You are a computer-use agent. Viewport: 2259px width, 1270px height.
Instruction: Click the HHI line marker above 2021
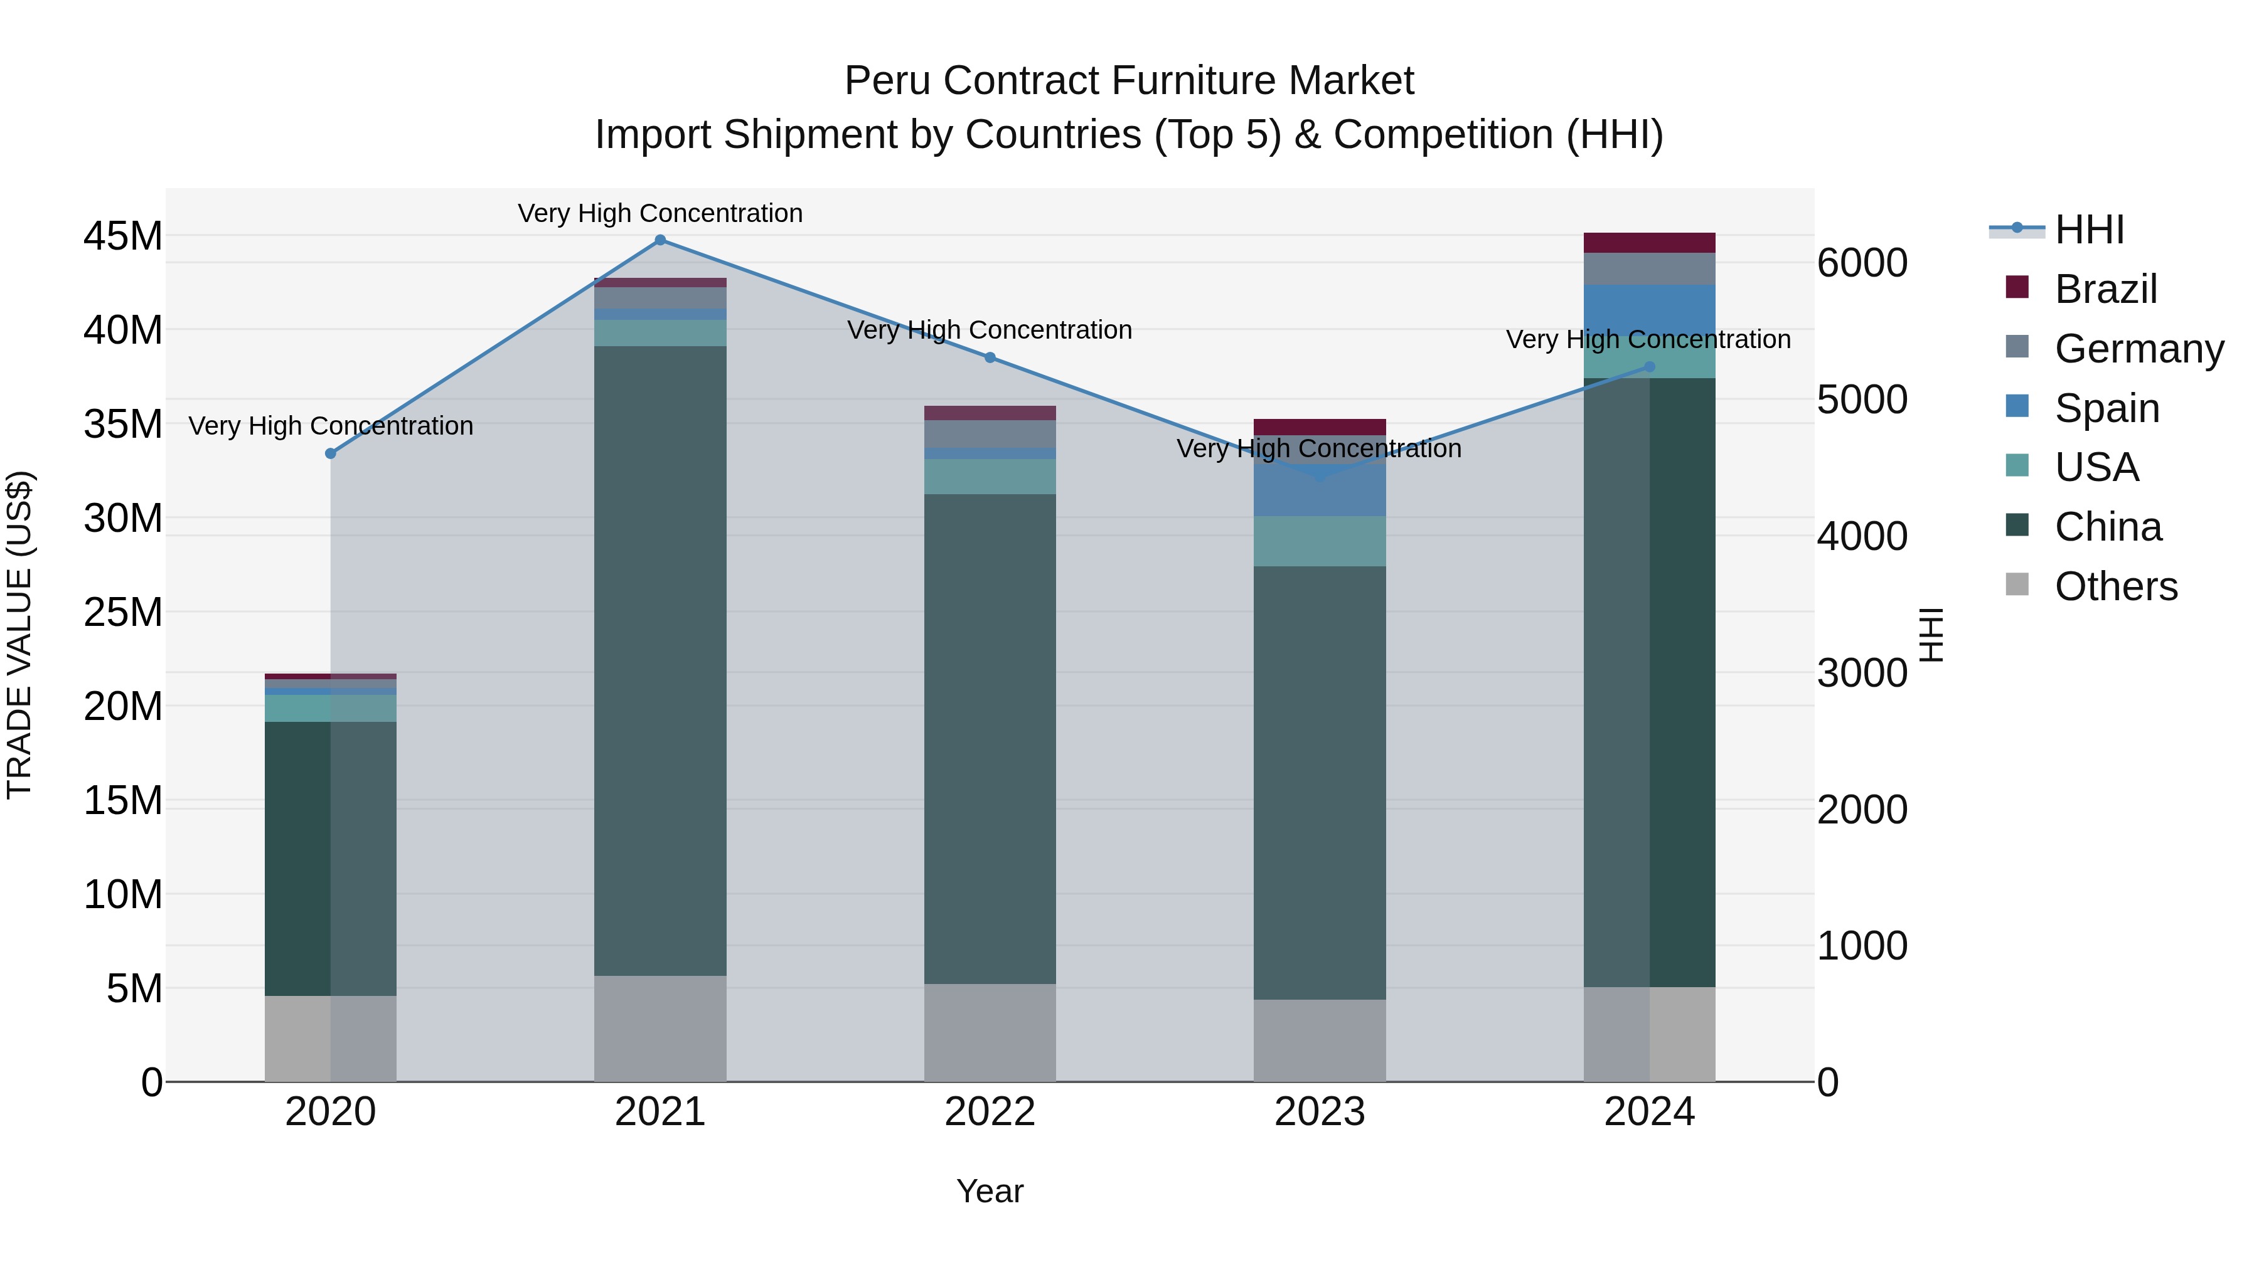[x=660, y=240]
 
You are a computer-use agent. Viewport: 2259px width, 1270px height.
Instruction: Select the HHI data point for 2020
[x=331, y=453]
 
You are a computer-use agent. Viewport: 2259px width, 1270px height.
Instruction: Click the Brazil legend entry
[x=2105, y=289]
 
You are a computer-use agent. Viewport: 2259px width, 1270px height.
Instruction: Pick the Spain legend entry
[x=2107, y=408]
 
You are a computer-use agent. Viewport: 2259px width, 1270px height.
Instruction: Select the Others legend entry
[x=2115, y=586]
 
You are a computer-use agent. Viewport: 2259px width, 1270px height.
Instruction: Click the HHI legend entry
[x=2089, y=230]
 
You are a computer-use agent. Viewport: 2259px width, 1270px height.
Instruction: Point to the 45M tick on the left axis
[x=123, y=236]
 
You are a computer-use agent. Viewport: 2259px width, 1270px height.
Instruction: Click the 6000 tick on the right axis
[x=1862, y=263]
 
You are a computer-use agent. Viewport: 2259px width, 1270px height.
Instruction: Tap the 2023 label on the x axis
[x=1319, y=1112]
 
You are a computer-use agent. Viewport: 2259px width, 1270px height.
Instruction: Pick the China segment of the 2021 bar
[x=660, y=657]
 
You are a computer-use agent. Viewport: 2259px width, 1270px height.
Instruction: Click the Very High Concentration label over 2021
[x=660, y=213]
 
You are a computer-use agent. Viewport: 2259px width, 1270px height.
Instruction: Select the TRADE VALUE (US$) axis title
[x=19, y=635]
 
